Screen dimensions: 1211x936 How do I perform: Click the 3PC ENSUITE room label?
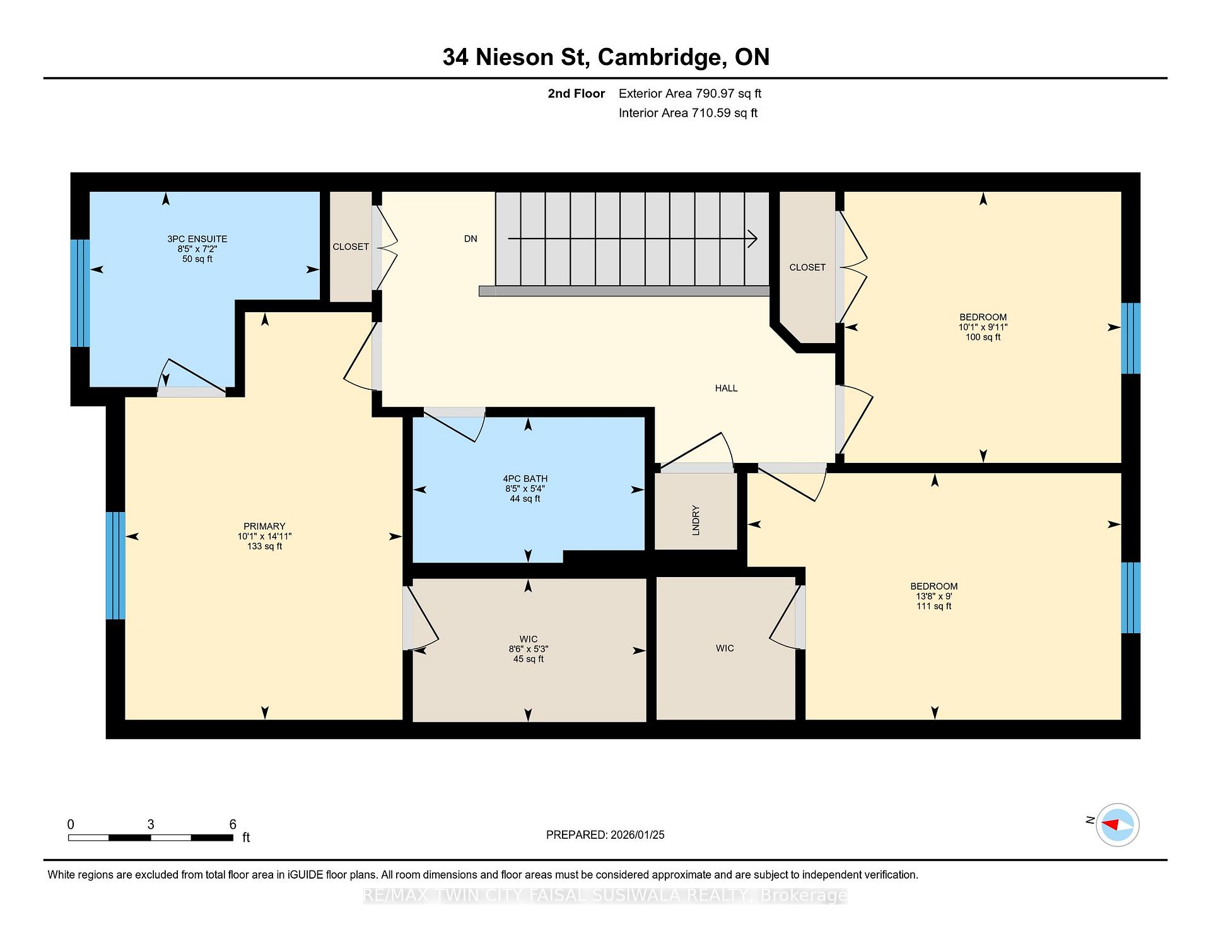[197, 239]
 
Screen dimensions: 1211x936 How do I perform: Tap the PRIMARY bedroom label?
[265, 526]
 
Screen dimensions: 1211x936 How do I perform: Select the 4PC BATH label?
[525, 479]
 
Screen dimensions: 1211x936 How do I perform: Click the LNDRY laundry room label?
[696, 520]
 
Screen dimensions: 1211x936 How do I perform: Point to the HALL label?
[726, 389]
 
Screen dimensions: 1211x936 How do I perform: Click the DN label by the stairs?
[471, 239]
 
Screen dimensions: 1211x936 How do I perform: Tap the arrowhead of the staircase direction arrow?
[752, 239]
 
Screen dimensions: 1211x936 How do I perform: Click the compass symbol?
[1118, 824]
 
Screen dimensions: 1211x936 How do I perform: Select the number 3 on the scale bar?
[151, 824]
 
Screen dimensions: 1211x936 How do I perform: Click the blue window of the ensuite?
[80, 293]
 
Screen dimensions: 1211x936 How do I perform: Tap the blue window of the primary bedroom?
[115, 566]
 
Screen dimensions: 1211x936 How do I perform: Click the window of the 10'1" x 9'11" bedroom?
[1131, 339]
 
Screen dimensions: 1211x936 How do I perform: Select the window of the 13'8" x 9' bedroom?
[1131, 598]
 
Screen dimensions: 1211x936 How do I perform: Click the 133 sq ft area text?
[265, 546]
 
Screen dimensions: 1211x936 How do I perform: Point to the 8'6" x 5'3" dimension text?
[528, 649]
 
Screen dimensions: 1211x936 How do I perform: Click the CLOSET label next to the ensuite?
[351, 247]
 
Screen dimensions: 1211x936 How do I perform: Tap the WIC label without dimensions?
[725, 648]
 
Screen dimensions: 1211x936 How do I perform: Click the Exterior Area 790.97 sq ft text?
[690, 94]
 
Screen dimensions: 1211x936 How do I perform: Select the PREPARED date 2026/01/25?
[638, 835]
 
